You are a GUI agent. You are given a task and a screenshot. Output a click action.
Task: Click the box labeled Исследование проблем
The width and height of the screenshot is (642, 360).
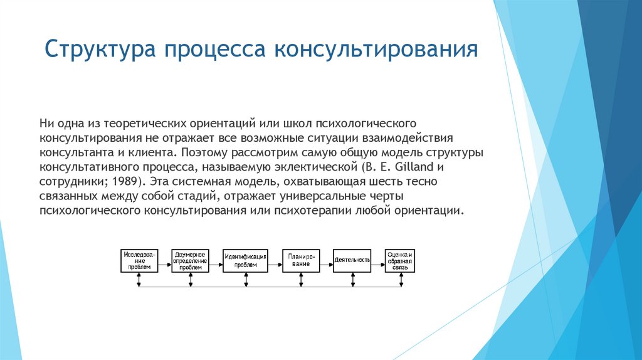click(x=139, y=260)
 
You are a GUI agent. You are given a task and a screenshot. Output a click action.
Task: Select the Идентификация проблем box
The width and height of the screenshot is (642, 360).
click(x=245, y=260)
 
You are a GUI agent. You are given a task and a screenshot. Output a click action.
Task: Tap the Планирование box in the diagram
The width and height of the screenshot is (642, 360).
click(x=300, y=260)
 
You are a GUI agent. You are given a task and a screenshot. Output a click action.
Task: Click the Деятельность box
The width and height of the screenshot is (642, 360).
click(x=352, y=260)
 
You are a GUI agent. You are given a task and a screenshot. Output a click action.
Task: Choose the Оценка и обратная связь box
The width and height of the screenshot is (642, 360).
click(x=400, y=260)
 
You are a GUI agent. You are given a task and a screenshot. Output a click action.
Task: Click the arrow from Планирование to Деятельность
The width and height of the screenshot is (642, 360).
click(x=326, y=260)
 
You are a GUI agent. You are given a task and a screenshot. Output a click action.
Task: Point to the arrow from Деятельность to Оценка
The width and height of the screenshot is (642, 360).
click(x=378, y=260)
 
